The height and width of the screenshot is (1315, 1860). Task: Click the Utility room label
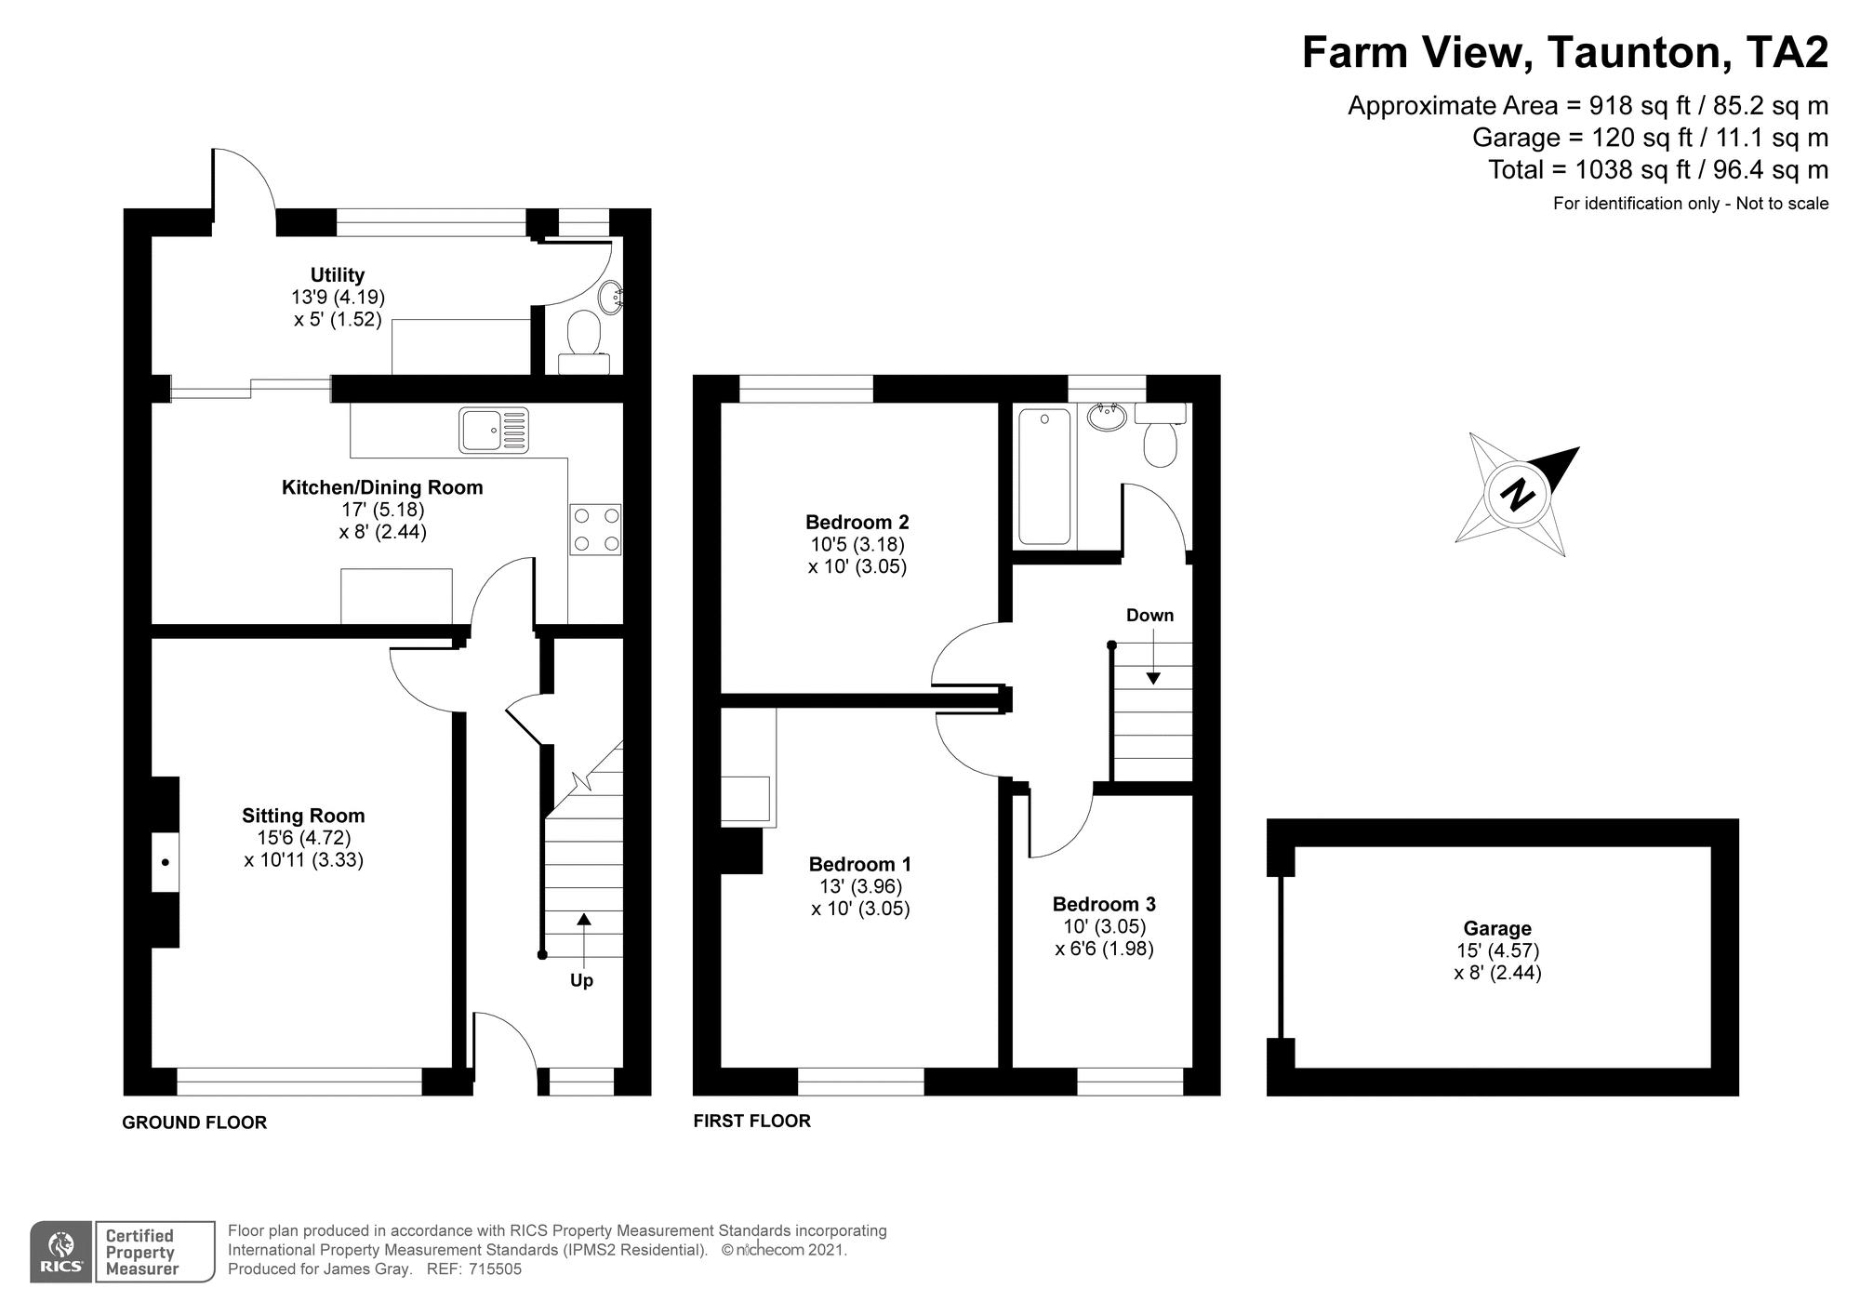coord(338,275)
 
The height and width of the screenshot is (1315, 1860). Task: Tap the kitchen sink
coord(494,431)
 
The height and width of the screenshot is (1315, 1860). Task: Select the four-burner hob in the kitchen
coord(595,529)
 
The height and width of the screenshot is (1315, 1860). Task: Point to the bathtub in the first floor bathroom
coord(1044,476)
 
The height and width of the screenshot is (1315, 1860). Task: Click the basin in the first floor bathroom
coord(1107,418)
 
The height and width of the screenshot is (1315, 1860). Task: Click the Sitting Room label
coord(303,816)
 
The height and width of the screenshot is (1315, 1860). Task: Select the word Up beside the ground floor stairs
coord(581,981)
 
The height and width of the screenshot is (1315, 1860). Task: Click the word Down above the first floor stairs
coord(1149,616)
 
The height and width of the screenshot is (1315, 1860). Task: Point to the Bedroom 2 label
coord(857,522)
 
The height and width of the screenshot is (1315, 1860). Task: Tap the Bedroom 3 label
coord(1104,904)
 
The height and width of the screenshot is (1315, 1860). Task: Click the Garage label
coord(1497,928)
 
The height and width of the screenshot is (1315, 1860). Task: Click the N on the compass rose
coord(1518,493)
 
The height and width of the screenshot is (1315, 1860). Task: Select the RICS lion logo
coord(61,1252)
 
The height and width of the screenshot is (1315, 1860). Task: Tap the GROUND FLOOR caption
coord(194,1122)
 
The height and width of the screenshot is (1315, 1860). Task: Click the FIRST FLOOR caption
coord(751,1121)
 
